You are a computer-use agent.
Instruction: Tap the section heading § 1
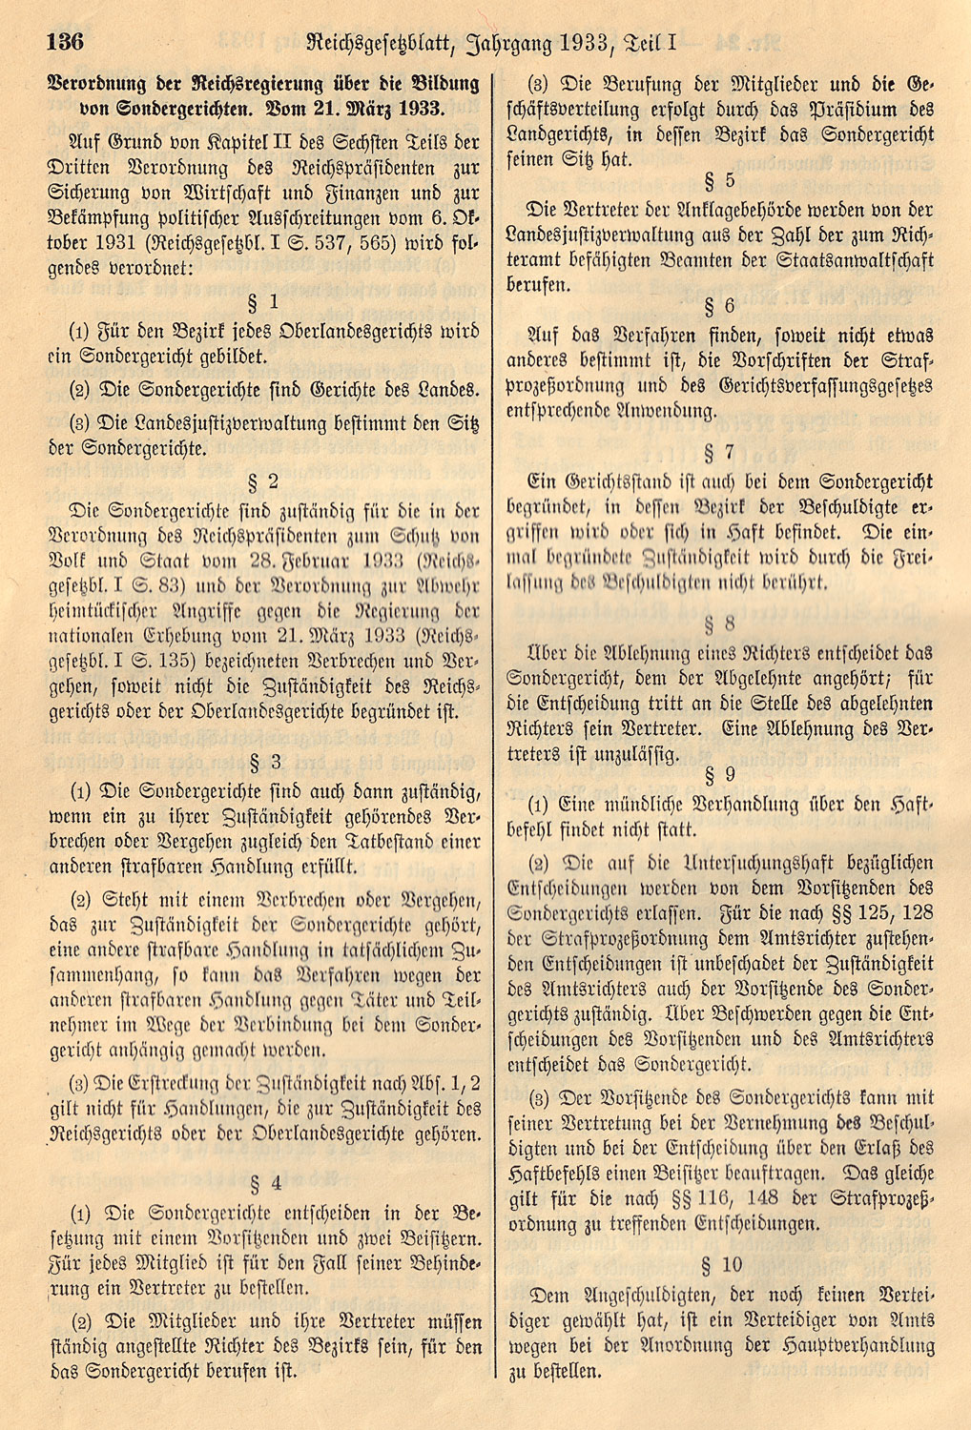[x=262, y=302]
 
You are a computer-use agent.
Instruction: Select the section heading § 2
[x=262, y=480]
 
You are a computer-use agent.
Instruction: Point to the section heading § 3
[x=264, y=761]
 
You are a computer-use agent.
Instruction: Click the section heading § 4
[x=264, y=1183]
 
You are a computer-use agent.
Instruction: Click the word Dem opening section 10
[x=549, y=1296]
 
